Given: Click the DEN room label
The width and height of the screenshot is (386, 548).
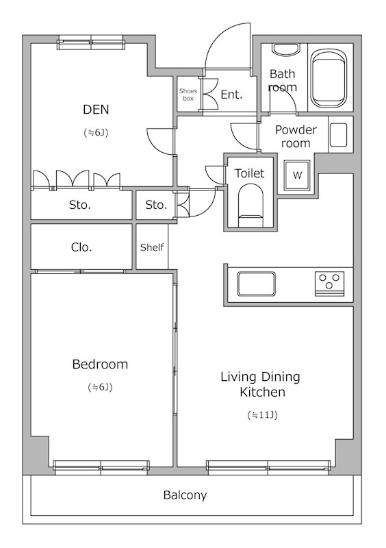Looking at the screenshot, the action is [96, 110].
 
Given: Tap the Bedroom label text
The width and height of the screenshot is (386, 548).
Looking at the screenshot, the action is [100, 364].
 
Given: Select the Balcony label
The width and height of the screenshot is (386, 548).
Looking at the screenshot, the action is [185, 495].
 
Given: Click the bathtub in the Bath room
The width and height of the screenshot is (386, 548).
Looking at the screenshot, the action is [329, 78].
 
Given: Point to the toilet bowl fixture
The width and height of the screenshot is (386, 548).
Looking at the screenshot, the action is [250, 206].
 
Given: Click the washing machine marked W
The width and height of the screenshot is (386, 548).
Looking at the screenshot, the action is [297, 175].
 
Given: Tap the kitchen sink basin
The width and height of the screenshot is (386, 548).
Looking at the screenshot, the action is [256, 284].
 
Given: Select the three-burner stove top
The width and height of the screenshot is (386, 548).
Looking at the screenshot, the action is [329, 284].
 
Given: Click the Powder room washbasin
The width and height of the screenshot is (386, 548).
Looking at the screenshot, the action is [338, 135].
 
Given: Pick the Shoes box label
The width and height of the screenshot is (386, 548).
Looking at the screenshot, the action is [188, 95].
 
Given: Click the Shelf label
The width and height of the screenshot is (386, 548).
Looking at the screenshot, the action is [152, 247].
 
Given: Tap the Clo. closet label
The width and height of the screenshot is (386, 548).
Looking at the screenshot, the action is [81, 247].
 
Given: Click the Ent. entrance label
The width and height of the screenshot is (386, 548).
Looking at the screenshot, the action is [231, 95].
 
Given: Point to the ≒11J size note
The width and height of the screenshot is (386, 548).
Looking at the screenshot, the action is [262, 415].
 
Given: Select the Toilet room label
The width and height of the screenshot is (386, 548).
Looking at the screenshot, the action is [249, 173].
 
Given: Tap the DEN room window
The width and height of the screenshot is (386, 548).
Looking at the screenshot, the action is [91, 42].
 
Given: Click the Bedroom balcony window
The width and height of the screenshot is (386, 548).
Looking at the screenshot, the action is [101, 468].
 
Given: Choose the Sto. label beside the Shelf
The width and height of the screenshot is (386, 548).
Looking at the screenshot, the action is [156, 205].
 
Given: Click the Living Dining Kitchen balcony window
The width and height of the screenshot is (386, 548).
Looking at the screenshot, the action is [268, 468].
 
